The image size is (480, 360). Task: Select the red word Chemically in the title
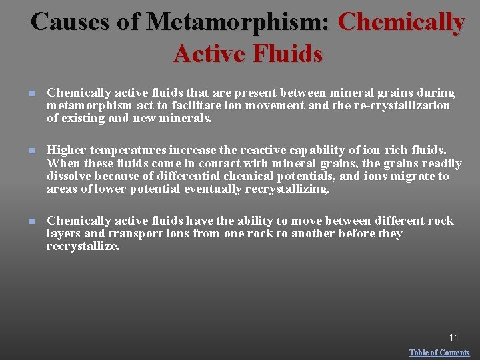point(401,21)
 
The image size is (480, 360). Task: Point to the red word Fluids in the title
point(283,53)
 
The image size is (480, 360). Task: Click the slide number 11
point(453,337)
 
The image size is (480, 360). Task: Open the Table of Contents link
point(439,353)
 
